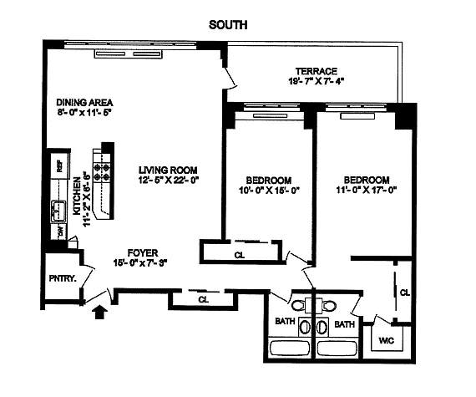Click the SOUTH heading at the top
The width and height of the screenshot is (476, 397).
tap(228, 24)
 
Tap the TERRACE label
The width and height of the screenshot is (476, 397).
tap(316, 71)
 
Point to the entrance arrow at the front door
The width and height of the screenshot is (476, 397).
tap(100, 313)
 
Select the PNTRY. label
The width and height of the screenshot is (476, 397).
tap(63, 278)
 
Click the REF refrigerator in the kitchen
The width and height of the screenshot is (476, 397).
tap(60, 165)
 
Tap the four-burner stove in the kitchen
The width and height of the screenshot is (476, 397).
tap(102, 172)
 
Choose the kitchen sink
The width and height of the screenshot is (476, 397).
tap(58, 211)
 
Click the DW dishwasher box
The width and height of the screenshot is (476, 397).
tap(59, 232)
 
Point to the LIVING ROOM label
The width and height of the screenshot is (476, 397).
tap(168, 170)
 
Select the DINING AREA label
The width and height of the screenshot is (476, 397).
tap(84, 102)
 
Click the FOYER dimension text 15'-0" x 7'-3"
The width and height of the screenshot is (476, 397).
tap(140, 262)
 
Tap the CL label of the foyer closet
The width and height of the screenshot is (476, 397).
tap(203, 300)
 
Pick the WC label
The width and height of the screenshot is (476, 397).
tap(387, 340)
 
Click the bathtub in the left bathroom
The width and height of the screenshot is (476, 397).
tap(290, 348)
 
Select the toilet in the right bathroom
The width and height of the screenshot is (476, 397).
tap(328, 305)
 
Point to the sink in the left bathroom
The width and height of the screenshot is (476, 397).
tap(305, 327)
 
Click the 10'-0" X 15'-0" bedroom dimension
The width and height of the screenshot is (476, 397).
tap(269, 191)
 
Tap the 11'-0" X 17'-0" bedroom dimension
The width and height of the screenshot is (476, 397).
tap(367, 190)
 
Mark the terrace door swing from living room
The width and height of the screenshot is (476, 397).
tap(230, 79)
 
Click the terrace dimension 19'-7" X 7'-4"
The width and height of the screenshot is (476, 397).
tap(316, 81)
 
